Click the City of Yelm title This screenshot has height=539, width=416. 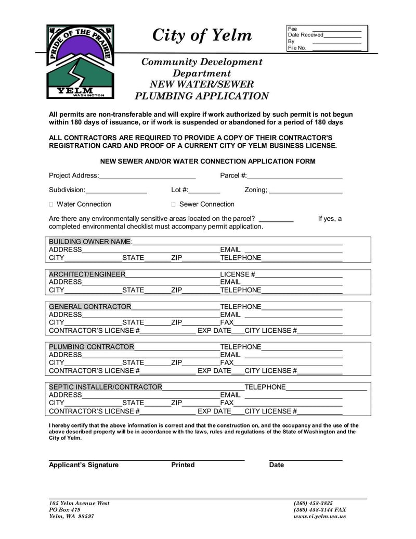coord(202,35)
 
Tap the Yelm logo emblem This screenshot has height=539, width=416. coord(80,61)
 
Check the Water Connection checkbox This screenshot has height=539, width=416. coord(51,204)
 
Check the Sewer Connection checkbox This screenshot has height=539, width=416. coord(174,204)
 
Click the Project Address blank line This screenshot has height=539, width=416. coord(147,177)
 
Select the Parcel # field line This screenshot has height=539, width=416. coord(295,177)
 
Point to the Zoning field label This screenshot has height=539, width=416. coord(256,190)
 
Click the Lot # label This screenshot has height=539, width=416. coord(179,190)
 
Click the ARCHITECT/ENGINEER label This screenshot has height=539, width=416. coord(87,274)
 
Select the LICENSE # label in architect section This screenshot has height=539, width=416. coord(237,274)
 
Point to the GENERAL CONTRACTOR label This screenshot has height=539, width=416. coord(90,306)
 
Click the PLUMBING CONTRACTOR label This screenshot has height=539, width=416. coord(92,346)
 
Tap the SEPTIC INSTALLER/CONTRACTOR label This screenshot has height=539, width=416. coord(106,387)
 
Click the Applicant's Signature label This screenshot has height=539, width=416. coord(84,465)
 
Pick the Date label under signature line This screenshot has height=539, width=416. coord(277,465)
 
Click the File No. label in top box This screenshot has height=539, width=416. coord(297,48)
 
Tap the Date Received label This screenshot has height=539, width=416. coord(306,35)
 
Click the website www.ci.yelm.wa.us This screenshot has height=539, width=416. coord(320,516)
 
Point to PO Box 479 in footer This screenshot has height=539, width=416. coord(65,509)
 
